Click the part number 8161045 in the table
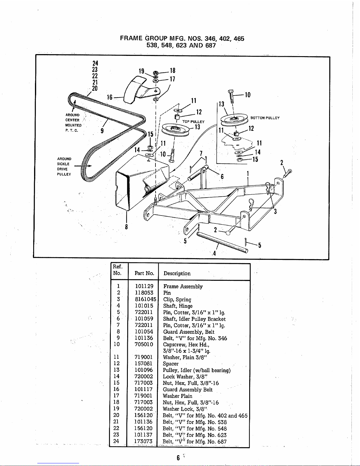pos(145,299)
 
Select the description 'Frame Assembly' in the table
pos(183,286)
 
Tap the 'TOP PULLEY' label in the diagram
pos(193,122)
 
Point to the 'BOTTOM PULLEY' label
pos(265,118)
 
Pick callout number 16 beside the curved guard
pos(109,97)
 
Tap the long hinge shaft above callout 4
pos(222,242)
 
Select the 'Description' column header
pos(177,273)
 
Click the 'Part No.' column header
pos(144,273)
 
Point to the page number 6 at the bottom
pos(178,458)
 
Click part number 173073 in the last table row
pos(143,441)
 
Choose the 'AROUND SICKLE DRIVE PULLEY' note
pos(64,166)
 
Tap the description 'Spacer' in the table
pos(171,364)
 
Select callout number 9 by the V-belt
pos(102,131)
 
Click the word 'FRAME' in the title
pos(131,39)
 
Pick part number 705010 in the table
pos(144,344)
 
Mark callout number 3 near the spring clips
pos(275,211)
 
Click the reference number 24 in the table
pos(116,441)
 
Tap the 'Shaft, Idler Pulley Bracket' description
pos(194,319)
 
